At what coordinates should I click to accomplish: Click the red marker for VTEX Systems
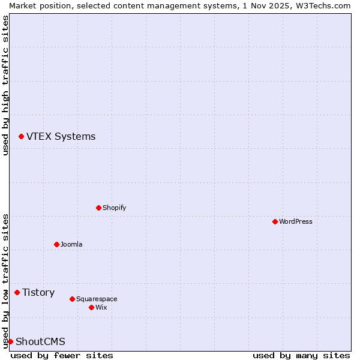coord(21,137)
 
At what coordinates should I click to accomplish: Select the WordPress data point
coord(275,221)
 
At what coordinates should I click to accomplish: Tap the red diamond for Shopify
coord(98,208)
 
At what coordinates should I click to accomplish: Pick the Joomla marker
coord(56,244)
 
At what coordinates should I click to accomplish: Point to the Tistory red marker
coord(17,292)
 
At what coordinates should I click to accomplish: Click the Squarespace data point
coord(72,299)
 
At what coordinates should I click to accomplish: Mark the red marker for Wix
coord(91,307)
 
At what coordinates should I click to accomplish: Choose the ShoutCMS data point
coord(10,341)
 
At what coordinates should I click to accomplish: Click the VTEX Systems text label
coord(61,137)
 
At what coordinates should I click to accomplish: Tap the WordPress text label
coord(295,221)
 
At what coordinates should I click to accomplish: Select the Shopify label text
coord(114,208)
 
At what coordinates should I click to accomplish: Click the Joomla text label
coord(71,244)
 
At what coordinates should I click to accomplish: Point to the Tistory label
coord(38,292)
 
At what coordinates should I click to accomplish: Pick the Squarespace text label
coord(97,299)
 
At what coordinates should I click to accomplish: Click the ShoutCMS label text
coord(40,341)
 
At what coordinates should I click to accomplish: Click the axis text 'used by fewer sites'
coord(62,355)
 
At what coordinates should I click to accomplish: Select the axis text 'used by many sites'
coord(301,355)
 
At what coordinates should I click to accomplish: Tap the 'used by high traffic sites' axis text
coord(5,85)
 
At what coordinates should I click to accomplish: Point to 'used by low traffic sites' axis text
coord(5,280)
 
